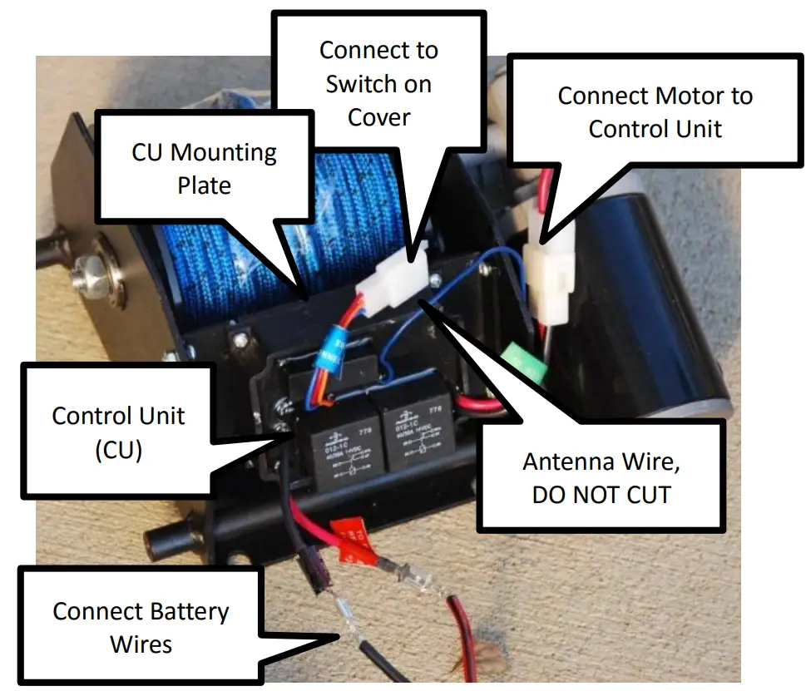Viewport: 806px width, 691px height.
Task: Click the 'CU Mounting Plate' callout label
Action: [204, 169]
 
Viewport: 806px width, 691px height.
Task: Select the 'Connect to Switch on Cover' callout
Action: [378, 83]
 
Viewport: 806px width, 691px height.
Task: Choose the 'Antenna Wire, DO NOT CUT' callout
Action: [601, 477]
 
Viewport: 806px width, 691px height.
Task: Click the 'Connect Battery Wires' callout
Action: [141, 627]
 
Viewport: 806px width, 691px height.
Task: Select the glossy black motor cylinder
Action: [665, 316]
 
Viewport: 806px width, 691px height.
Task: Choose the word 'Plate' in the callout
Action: [204, 185]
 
